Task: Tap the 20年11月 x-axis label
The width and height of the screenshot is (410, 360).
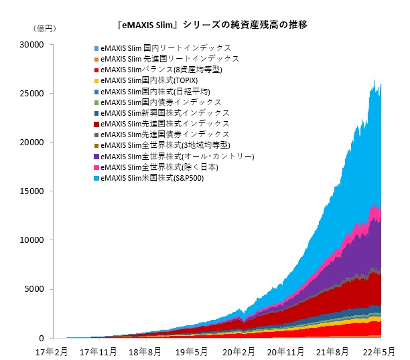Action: coord(286,350)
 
